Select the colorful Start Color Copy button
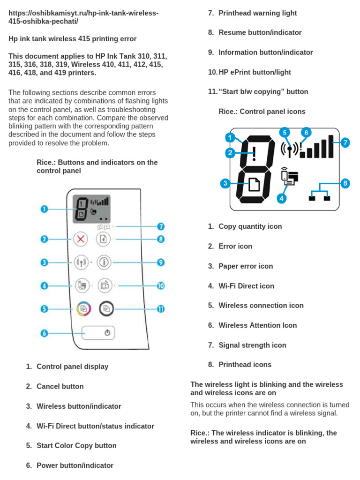83,309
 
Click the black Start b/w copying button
106,309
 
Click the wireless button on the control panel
81,262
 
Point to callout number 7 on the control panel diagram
161,226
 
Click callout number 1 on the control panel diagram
44,209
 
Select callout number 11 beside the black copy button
161,309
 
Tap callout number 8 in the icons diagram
345,183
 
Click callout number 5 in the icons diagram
285,133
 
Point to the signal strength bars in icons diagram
317,147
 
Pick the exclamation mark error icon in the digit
254,152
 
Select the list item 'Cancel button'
60,386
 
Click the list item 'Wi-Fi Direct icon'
246,286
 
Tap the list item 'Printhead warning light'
257,13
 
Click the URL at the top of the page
83,17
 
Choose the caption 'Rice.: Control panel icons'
262,112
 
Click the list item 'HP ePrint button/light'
255,72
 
